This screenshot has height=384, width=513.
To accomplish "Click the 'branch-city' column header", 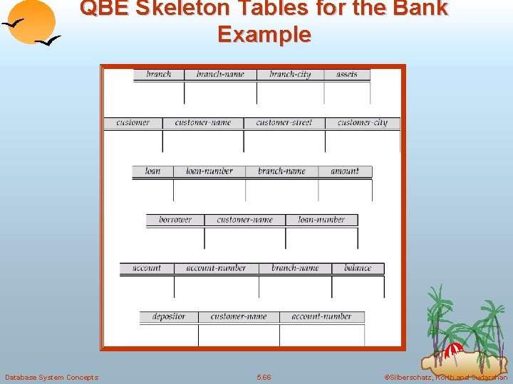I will tap(290, 74).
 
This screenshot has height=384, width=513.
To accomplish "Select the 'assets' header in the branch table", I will tap(347, 74).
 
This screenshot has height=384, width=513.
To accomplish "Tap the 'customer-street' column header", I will tap(284, 122).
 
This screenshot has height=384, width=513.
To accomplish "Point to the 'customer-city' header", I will tap(363, 122).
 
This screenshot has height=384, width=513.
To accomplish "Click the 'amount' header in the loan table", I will tap(345, 171).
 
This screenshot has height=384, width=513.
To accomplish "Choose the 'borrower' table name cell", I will tap(175, 220).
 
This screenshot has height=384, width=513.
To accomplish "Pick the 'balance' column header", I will tap(358, 268).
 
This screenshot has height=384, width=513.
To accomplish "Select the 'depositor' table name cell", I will tap(169, 316).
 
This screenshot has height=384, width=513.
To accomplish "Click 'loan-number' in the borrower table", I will tap(321, 220).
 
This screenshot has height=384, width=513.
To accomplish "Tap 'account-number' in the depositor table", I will tap(321, 316).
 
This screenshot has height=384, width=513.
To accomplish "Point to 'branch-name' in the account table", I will tap(295, 268).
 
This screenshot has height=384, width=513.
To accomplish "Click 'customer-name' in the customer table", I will tap(203, 122).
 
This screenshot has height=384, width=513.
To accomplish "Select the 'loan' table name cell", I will tap(152, 171).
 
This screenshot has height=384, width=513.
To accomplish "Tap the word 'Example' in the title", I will tap(264, 34).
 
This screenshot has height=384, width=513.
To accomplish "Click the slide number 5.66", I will tap(264, 377).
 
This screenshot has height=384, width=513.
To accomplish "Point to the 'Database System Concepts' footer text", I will tap(51, 377).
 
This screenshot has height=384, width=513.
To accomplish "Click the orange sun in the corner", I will tap(33, 21).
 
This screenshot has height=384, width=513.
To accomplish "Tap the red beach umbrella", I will tap(452, 351).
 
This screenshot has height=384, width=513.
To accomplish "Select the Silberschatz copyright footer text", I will tap(445, 377).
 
